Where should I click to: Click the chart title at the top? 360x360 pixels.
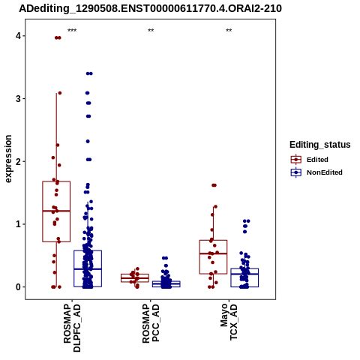click(151, 8)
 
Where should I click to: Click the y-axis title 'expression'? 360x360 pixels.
click(8, 159)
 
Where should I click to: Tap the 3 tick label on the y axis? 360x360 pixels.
click(19, 99)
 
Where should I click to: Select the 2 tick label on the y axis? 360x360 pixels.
click(19, 161)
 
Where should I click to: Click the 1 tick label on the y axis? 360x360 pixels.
click(19, 224)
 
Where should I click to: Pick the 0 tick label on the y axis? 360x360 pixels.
click(19, 287)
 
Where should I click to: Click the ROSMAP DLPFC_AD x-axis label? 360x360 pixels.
click(72, 328)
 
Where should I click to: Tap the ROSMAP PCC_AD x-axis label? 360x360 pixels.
click(151, 323)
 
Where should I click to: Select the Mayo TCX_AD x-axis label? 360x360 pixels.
click(229, 322)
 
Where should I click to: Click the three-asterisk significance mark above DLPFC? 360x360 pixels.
click(72, 31)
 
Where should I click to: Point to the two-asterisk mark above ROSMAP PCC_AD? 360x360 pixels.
click(151, 31)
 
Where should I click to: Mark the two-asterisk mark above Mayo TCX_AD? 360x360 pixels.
click(229, 31)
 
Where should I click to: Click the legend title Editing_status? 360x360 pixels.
click(320, 145)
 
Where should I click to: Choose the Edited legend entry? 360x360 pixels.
click(310, 160)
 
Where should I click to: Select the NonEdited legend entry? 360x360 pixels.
click(316, 172)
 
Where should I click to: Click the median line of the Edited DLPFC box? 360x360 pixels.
click(56, 211)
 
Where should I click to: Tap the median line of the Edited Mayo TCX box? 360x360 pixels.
click(213, 253)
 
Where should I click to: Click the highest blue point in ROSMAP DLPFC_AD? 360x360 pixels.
click(89, 73)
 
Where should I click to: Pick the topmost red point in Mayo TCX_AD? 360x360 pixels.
click(214, 185)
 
